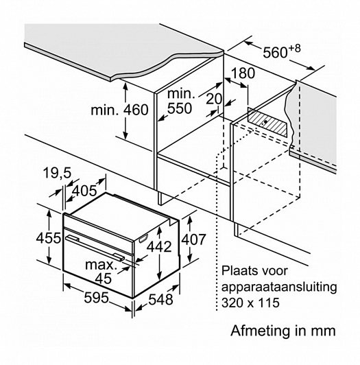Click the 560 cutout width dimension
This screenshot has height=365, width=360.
[275, 53]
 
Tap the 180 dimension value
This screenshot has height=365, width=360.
[243, 73]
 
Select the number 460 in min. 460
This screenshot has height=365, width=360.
[136, 110]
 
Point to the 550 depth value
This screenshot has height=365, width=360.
[180, 108]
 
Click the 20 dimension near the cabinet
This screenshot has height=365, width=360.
[215, 99]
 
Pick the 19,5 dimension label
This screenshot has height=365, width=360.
[57, 173]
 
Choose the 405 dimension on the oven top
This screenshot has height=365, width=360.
[84, 191]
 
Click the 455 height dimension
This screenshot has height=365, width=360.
[49, 238]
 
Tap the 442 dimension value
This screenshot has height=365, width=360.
[159, 246]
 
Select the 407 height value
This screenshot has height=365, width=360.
[193, 239]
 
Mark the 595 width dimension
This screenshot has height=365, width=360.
[96, 298]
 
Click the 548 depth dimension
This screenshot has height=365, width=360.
[160, 299]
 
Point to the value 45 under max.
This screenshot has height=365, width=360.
[104, 278]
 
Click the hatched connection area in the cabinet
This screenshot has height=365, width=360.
[267, 122]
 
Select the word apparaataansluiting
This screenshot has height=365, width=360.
[279, 287]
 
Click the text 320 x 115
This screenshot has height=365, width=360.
[250, 303]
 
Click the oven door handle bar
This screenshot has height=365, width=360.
[95, 248]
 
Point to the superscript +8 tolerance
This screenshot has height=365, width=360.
[294, 49]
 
